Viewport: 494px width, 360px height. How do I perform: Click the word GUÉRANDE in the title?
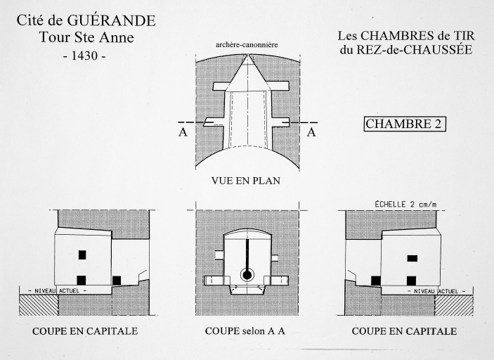[111, 20]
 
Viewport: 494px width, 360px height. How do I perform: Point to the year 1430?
[84, 56]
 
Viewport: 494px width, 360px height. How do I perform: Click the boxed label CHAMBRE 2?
[405, 124]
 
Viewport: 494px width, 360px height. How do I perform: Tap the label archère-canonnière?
[247, 45]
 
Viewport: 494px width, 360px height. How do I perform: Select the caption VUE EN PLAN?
[246, 181]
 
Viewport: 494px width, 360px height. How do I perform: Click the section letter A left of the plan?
[183, 132]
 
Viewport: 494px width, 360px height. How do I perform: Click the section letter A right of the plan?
[311, 132]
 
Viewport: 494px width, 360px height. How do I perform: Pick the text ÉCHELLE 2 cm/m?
[405, 205]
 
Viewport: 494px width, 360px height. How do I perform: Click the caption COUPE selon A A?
[245, 331]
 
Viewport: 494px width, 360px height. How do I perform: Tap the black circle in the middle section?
[247, 275]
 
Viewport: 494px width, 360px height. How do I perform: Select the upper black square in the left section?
[82, 255]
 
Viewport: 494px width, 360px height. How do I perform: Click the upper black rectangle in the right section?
[412, 259]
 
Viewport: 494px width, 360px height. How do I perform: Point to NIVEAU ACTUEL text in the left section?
[58, 290]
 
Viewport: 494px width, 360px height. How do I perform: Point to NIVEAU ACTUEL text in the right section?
[436, 292]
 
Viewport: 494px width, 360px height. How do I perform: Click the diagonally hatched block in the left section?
[39, 305]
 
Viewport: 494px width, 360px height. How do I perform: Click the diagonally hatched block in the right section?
[454, 305]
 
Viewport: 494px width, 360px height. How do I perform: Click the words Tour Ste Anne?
[86, 37]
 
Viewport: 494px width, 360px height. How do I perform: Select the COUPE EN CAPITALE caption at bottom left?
[85, 331]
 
